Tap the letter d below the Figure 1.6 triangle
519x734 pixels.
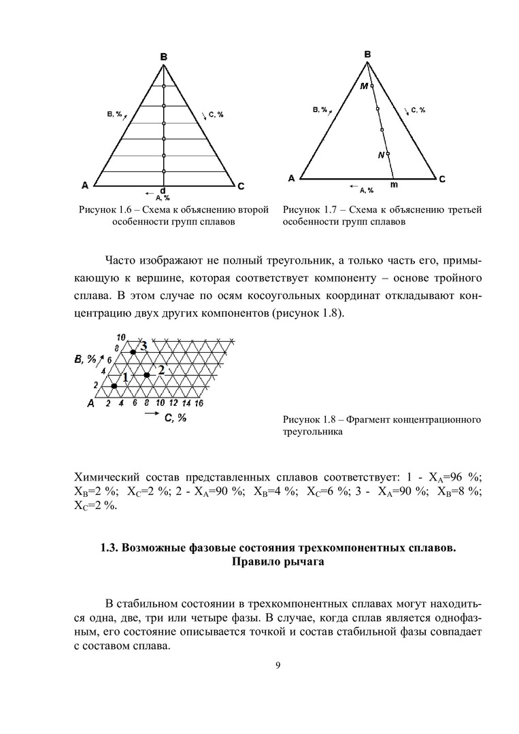point(163,190)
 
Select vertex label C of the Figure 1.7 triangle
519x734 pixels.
point(441,179)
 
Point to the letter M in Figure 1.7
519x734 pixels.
point(364,86)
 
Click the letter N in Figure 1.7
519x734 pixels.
point(381,155)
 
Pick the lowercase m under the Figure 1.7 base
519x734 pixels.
point(394,184)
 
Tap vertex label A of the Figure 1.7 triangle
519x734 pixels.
point(291,179)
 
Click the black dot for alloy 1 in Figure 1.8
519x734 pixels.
point(114,386)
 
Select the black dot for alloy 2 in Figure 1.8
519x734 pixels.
point(146,374)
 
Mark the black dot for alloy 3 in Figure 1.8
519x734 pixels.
point(133,352)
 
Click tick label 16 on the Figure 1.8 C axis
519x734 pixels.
point(199,403)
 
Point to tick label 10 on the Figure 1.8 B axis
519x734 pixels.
point(122,337)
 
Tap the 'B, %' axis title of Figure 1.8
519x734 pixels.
point(87,359)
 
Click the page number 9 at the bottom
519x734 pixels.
point(278,665)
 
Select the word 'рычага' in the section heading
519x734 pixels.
point(296,561)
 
